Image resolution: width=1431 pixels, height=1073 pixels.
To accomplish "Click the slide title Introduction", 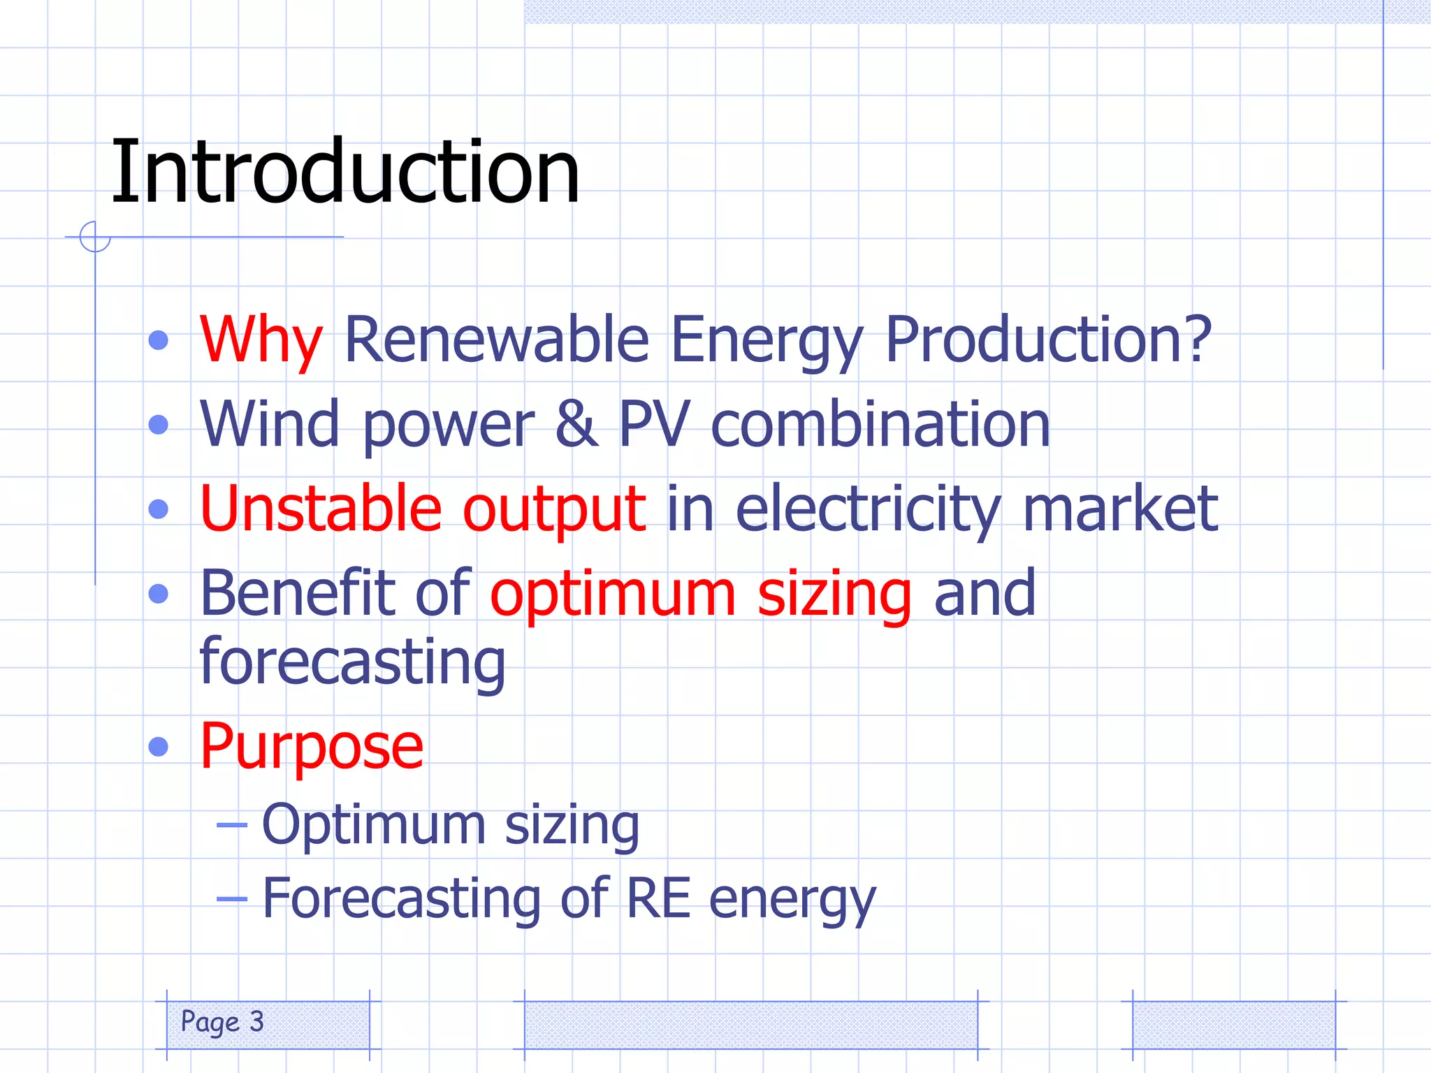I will click(345, 172).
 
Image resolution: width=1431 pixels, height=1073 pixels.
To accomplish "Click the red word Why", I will click(261, 341).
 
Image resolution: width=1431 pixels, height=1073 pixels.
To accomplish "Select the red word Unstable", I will click(321, 509).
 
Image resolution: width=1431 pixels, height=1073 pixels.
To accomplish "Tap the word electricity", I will click(869, 510).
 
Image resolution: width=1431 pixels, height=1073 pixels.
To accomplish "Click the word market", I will click(1120, 509).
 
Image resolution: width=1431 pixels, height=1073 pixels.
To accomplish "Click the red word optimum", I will click(613, 594).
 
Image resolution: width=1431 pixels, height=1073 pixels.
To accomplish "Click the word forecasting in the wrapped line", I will click(352, 662).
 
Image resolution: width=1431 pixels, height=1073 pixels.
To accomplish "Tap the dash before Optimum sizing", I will click(231, 825).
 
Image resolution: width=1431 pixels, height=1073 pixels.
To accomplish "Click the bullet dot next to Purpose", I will click(159, 747).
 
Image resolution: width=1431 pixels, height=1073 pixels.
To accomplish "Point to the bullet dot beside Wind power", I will click(159, 425).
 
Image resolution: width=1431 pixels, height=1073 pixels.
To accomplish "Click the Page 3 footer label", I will click(222, 1022).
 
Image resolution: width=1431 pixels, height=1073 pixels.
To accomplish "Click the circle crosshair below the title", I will click(95, 237).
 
